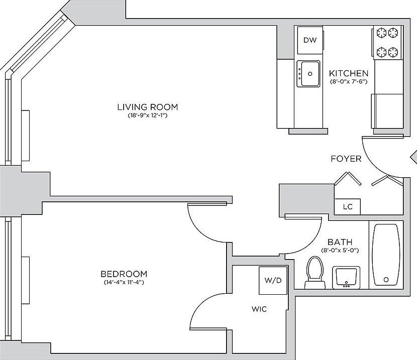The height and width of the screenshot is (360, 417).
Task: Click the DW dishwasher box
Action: [x=310, y=40]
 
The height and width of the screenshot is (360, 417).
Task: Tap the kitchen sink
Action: [x=308, y=74]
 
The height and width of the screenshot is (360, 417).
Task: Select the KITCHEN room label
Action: [x=349, y=73]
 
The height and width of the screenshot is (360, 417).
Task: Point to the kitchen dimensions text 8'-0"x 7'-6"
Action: [x=349, y=81]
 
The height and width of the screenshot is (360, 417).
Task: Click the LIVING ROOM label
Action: [x=147, y=107]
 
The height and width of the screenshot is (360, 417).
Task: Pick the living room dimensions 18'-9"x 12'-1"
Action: [x=147, y=115]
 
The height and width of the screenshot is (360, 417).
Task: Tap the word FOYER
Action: [x=346, y=159]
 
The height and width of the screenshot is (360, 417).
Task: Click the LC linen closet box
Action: [x=347, y=206]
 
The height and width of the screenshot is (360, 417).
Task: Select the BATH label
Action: [x=340, y=242]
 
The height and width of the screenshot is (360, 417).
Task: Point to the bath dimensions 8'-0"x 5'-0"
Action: [x=340, y=250]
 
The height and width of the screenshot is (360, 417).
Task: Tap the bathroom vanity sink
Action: [x=345, y=277]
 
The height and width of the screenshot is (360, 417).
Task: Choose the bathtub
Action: [x=386, y=255]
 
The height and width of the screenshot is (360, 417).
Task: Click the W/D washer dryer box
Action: [x=273, y=281]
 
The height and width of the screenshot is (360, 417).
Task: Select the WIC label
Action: [x=259, y=309]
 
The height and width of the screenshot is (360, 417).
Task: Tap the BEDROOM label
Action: [x=124, y=274]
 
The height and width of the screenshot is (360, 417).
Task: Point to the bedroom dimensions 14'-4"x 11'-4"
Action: [x=124, y=282]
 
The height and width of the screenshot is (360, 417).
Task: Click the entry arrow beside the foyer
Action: [x=413, y=157]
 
